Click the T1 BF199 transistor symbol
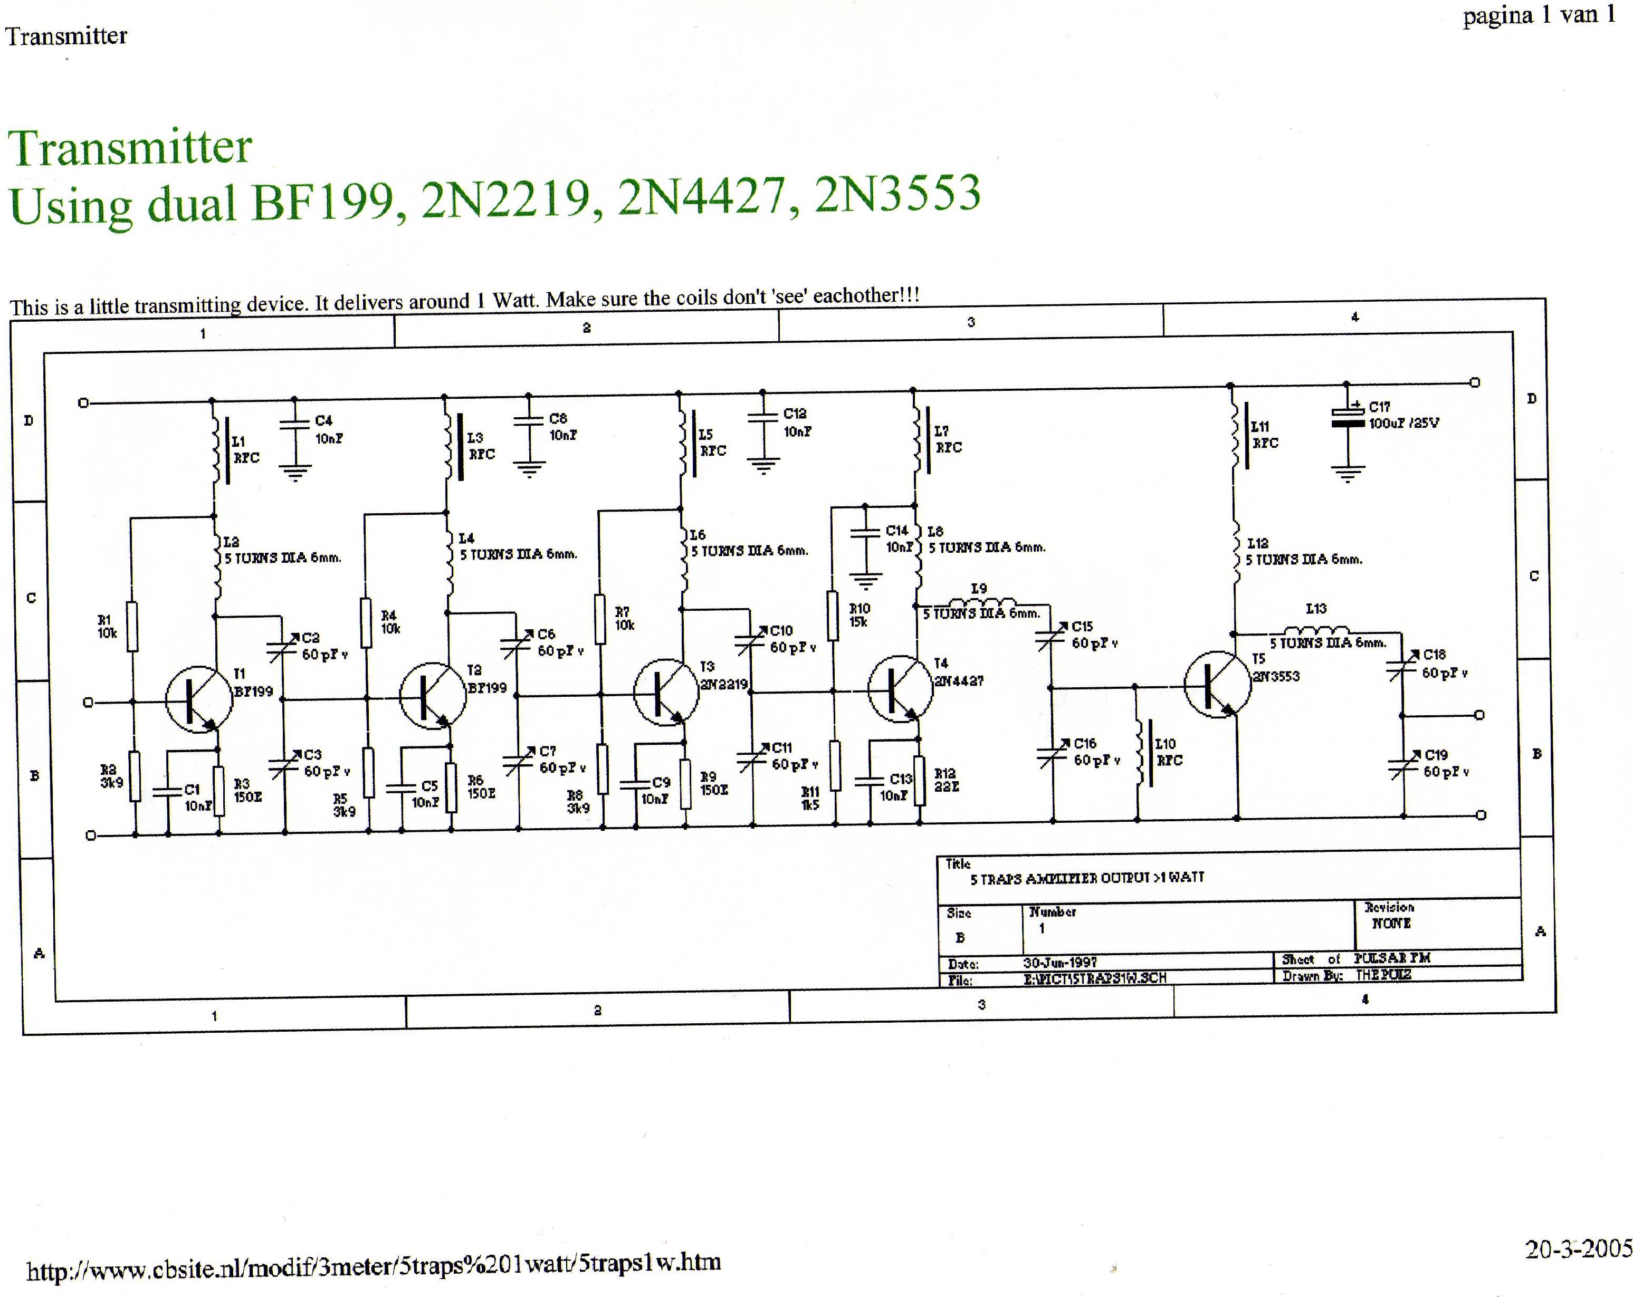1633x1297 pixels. coord(198,699)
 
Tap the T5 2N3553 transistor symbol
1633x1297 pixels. coord(1216,685)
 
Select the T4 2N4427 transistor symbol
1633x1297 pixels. coord(900,688)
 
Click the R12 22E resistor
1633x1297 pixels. coord(920,781)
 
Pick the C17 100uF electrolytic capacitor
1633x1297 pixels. coord(1348,418)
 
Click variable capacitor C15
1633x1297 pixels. coord(1051,638)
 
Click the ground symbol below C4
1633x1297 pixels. coord(294,474)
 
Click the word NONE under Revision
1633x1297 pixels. coord(1391,923)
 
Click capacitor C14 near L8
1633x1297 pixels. coord(865,533)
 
